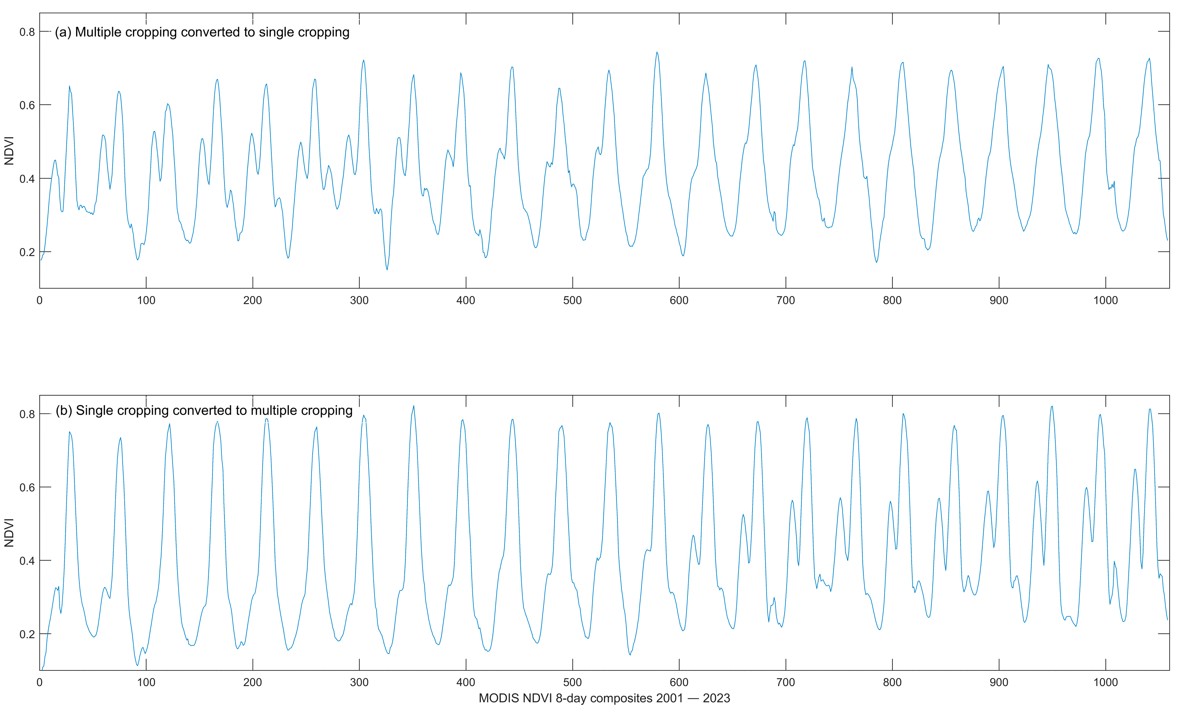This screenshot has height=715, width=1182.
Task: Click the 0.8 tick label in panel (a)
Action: pyautogui.click(x=27, y=32)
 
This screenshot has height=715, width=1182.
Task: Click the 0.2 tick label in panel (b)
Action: pyautogui.click(x=27, y=635)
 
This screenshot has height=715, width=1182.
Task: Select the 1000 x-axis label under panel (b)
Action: pyautogui.click(x=1105, y=682)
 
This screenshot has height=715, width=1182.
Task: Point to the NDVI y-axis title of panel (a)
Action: pyautogui.click(x=9, y=151)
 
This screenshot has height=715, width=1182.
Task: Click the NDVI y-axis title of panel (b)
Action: pyautogui.click(x=9, y=533)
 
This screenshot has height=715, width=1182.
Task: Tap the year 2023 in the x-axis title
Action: pyautogui.click(x=716, y=698)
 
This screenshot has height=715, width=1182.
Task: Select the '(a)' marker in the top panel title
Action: pyautogui.click(x=63, y=32)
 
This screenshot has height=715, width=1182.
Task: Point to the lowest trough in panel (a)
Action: pyautogui.click(x=387, y=270)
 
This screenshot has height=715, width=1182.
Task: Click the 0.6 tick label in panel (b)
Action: pyautogui.click(x=27, y=487)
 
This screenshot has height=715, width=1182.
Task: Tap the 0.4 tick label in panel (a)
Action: pyautogui.click(x=27, y=179)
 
